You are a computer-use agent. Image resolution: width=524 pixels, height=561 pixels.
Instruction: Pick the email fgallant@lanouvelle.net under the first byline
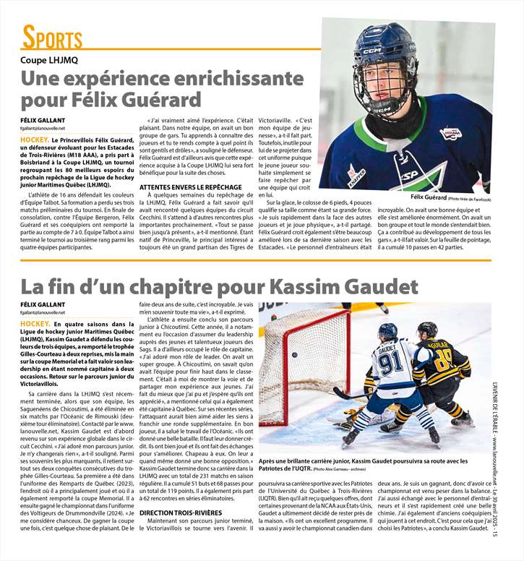(x=48, y=127)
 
